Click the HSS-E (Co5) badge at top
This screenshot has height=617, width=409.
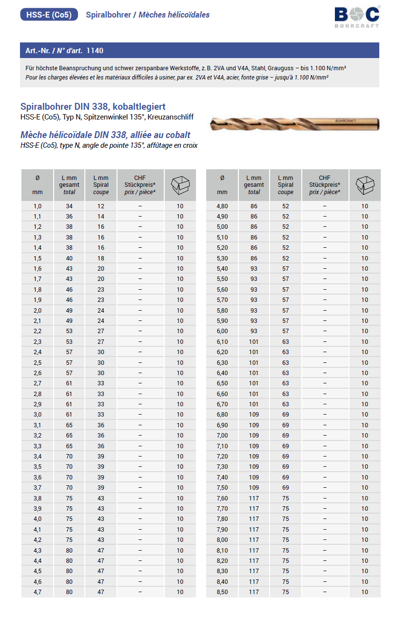click(49, 15)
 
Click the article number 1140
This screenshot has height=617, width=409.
click(95, 51)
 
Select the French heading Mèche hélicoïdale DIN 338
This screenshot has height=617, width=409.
click(105, 135)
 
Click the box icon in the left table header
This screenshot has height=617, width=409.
click(180, 185)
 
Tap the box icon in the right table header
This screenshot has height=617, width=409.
click(365, 185)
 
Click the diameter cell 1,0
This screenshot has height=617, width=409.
click(38, 206)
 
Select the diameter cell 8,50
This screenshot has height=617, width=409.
click(222, 592)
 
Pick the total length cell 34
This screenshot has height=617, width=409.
click(69, 206)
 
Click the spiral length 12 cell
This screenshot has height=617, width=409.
click(101, 206)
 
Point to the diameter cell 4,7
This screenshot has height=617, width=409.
click(38, 592)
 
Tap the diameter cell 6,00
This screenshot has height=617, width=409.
click(222, 331)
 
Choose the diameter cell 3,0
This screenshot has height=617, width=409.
click(38, 415)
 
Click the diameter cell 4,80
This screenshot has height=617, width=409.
click(222, 206)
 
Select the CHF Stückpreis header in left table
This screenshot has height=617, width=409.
click(140, 185)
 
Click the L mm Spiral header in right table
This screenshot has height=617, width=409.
click(286, 185)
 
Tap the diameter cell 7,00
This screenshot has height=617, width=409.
click(222, 436)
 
